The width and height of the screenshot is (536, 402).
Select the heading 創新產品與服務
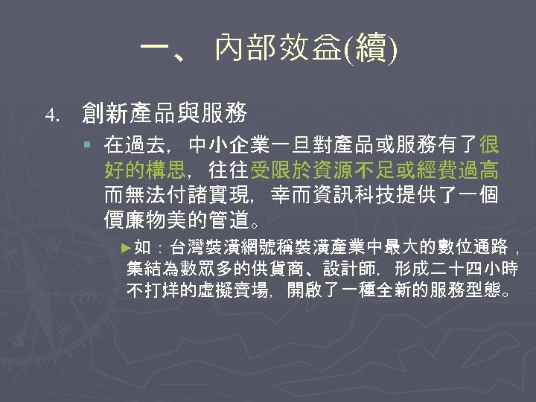pos(165,113)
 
